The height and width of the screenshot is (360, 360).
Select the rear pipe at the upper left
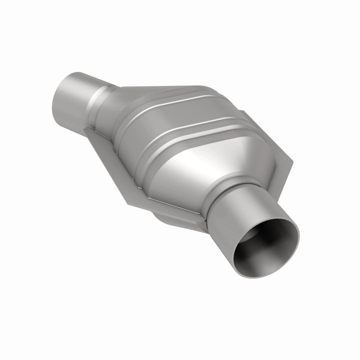(70, 100)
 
